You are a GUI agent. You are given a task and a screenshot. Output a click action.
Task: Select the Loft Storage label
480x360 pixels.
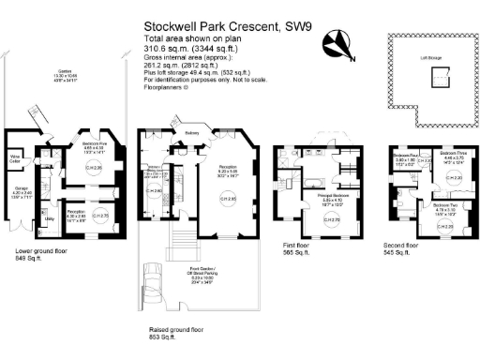[x=431, y=56]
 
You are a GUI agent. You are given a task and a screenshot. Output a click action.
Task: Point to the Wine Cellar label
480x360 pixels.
[x=15, y=158]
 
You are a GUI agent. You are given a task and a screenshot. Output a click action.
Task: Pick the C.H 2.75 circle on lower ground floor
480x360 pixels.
[x=105, y=216]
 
